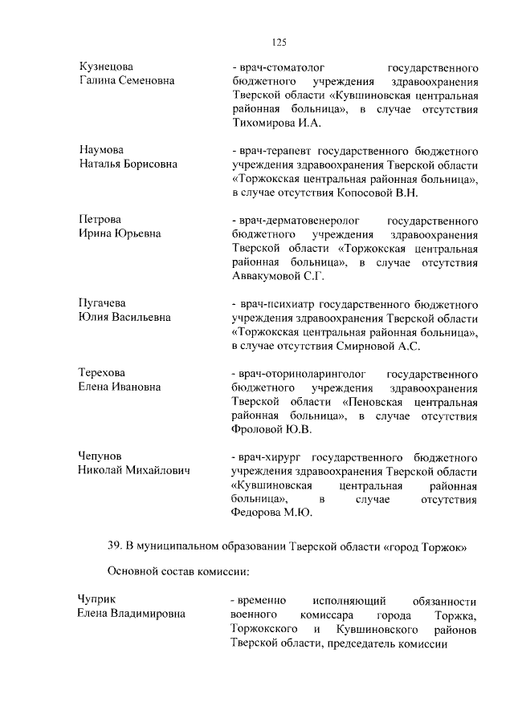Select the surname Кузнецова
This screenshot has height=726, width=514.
tap(106, 67)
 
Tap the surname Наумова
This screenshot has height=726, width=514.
tap(101, 150)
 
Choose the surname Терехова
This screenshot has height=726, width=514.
tap(103, 373)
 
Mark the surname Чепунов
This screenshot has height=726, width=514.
tap(101, 456)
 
